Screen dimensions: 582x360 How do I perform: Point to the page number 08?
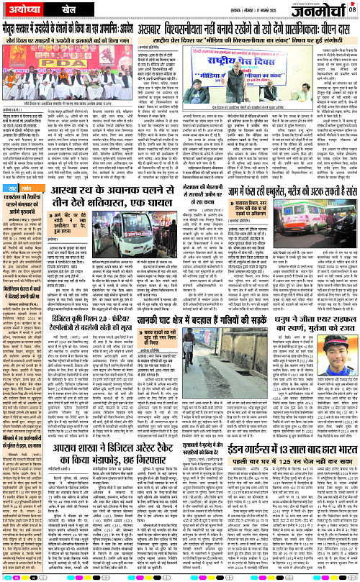pyautogui.click(x=353, y=9)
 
